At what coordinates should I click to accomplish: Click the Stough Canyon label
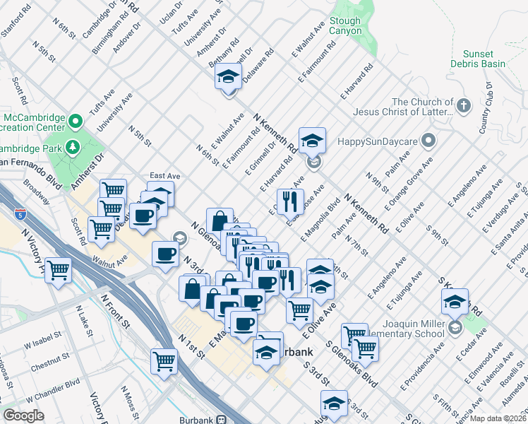(344, 26)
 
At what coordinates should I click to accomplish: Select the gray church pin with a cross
(463, 106)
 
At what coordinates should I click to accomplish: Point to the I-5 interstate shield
(19, 213)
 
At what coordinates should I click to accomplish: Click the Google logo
(23, 416)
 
